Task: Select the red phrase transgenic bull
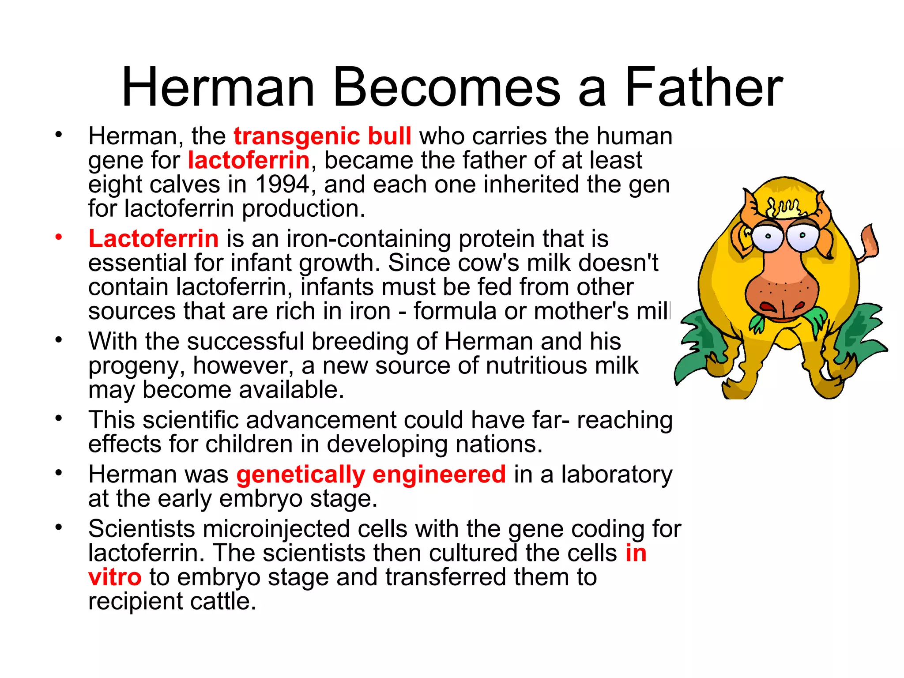point(322,136)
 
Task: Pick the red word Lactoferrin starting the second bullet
point(153,239)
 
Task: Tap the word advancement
point(321,420)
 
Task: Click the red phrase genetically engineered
point(371,475)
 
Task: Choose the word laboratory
point(617,475)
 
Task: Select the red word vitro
point(115,577)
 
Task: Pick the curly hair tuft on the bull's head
point(784,207)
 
